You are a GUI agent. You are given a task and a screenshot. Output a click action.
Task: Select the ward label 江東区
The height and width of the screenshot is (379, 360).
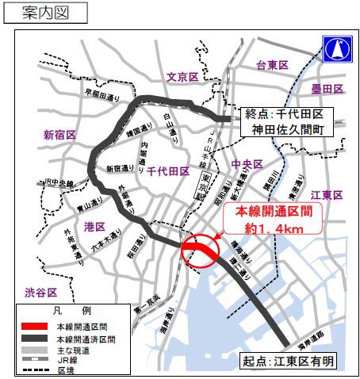tap(326, 195)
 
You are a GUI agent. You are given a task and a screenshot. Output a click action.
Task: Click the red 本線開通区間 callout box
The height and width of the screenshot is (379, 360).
tap(270, 218)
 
